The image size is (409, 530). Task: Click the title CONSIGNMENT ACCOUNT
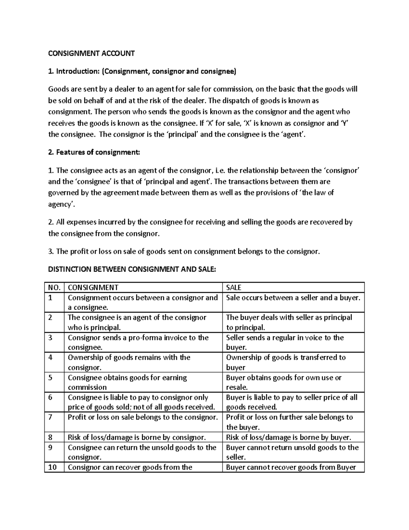point(91,53)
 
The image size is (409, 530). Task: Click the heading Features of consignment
point(94,153)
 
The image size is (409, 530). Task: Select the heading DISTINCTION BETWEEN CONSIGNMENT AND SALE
point(132,269)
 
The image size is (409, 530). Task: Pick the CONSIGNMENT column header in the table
point(93,287)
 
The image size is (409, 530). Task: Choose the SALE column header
point(234,287)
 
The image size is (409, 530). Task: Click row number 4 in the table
point(50,357)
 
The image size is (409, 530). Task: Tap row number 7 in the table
point(50,417)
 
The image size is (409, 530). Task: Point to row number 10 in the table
point(52,467)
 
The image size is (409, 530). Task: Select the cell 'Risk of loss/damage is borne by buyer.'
point(288,437)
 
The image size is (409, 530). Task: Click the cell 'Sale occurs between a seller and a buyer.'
point(293,298)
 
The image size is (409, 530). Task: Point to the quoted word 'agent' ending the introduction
point(293,134)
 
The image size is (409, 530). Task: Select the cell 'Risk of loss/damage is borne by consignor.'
point(137,437)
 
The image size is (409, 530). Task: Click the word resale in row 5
point(236,387)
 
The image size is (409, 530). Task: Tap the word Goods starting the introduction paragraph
point(58,89)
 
